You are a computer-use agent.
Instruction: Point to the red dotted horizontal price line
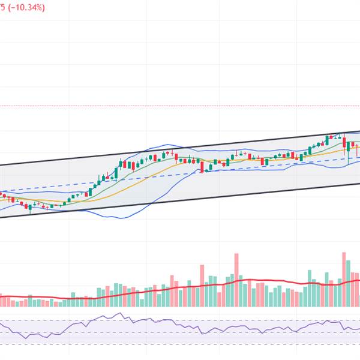[180, 106]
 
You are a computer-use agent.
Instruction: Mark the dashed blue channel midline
[150, 178]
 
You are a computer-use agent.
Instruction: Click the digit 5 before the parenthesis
[2, 7]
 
